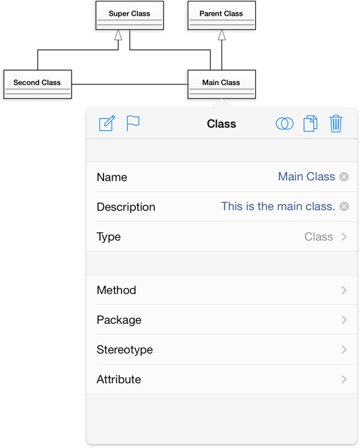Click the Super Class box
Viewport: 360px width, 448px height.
[130, 15]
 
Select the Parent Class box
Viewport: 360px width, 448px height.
[222, 15]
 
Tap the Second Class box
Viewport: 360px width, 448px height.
[37, 84]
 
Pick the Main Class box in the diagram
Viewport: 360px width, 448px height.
[222, 84]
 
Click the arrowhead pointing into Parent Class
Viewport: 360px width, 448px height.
[222, 35]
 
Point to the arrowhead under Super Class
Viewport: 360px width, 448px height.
[118, 35]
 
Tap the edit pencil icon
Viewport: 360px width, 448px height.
[107, 123]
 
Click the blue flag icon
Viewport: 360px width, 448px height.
[133, 123]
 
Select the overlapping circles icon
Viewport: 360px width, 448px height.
[284, 123]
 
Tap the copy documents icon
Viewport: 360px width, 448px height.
[310, 123]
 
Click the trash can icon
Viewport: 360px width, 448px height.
[336, 123]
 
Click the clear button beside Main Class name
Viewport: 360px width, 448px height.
[344, 177]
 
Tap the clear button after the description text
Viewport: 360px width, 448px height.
[344, 206]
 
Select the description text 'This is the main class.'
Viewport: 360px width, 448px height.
[278, 206]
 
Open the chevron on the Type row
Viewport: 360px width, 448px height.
[344, 237]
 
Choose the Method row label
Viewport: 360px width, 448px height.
[116, 290]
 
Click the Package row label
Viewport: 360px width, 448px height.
[119, 320]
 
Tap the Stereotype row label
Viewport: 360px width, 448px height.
[125, 349]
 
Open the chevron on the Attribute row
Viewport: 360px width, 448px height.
[344, 379]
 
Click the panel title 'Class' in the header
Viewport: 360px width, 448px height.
[222, 123]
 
